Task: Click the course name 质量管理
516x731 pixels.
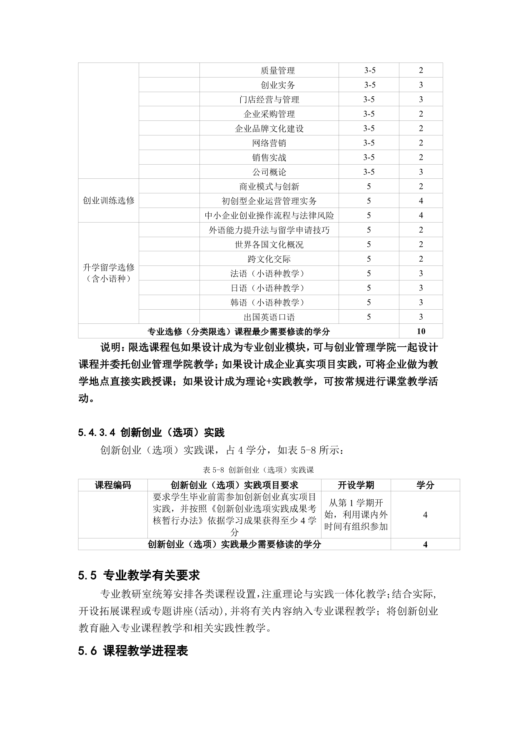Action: (277, 70)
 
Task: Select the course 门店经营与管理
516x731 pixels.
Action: (269, 100)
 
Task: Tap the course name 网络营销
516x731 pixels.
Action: (269, 143)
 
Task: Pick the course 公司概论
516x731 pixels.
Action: (269, 172)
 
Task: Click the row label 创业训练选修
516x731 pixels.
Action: (108, 200)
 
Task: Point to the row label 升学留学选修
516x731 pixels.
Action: (108, 268)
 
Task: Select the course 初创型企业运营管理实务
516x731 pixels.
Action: (269, 201)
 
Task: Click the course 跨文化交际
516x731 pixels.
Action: (269, 259)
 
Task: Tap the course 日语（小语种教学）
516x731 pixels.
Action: (269, 288)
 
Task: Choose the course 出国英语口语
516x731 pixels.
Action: (269, 317)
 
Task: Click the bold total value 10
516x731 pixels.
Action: (421, 331)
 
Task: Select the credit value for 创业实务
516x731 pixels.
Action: (421, 85)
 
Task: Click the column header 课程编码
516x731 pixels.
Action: (113, 485)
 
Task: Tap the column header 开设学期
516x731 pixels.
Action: (356, 485)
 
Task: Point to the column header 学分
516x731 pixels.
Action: (425, 485)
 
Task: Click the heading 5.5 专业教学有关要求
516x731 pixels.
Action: (139, 576)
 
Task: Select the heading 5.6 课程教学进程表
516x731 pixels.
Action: (133, 651)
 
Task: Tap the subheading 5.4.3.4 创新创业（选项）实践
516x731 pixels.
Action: (151, 433)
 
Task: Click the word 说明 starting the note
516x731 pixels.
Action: (110, 347)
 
